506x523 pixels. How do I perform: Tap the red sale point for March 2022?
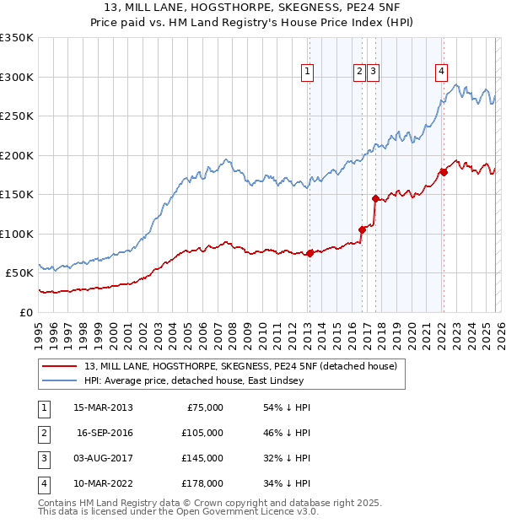tap(443, 173)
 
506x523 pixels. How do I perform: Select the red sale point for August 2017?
tap(375, 199)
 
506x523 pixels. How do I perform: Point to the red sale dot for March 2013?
tap(310, 253)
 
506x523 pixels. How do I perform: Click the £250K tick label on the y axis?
tap(17, 116)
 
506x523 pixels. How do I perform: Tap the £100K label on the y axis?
tap(17, 234)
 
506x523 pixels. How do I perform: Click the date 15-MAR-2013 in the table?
tap(103, 407)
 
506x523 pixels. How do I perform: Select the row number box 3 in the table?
tap(42, 458)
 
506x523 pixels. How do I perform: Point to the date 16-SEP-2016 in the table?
tap(105, 433)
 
